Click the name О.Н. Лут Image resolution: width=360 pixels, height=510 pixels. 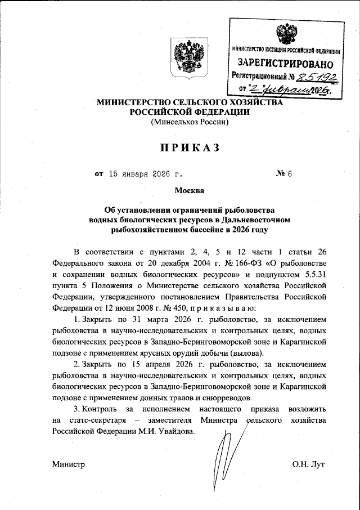point(309,465)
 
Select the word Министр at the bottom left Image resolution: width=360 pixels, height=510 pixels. point(68,465)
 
